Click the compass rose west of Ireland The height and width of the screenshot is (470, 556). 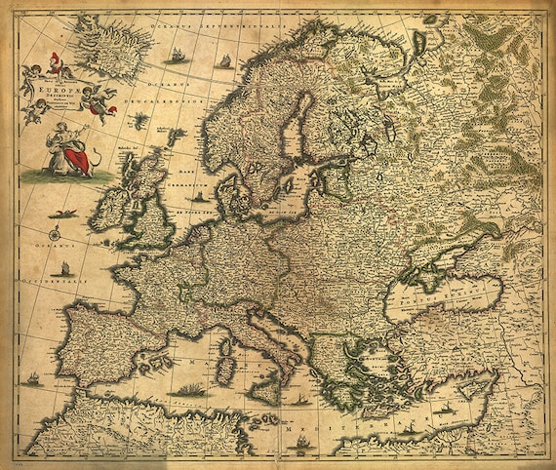[x=57, y=234]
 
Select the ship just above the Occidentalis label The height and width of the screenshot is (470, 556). [x=64, y=266]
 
